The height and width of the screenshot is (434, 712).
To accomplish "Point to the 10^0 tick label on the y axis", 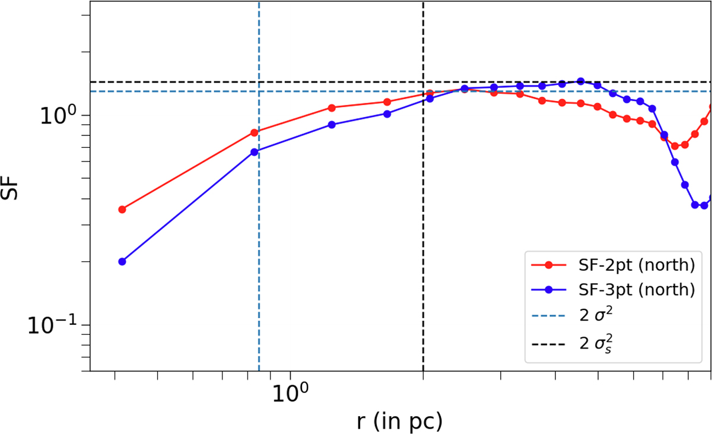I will tap(59, 115).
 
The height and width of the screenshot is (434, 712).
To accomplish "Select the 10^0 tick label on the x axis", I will tap(290, 394).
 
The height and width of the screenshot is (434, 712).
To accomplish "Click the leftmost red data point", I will tap(122, 210).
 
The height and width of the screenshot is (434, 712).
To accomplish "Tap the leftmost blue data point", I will tap(122, 261).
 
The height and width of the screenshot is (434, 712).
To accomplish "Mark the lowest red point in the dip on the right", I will tap(675, 146).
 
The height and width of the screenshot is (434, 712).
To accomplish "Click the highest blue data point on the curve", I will tap(580, 81).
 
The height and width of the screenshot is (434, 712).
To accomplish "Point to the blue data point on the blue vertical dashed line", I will tap(255, 152).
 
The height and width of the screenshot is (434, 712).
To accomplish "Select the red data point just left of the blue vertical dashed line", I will tap(255, 132).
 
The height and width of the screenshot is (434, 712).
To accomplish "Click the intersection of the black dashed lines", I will tap(423, 82).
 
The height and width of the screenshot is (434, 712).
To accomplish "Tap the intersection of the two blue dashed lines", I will tap(259, 91).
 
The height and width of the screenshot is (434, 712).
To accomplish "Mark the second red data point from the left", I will tap(255, 132).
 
